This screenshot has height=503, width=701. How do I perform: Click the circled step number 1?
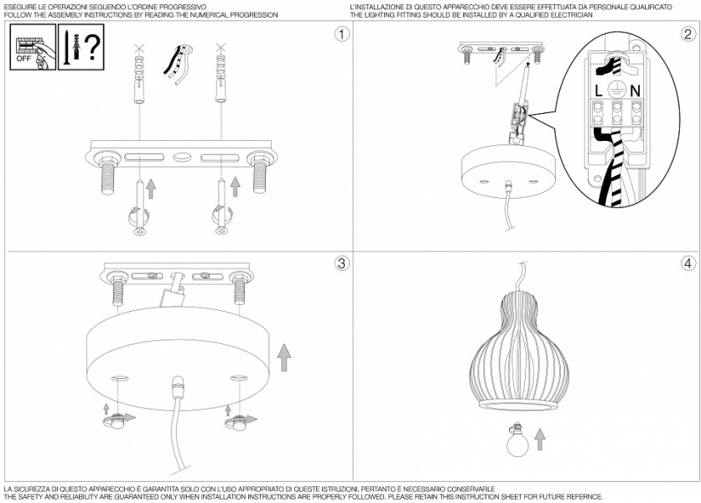pyautogui.click(x=342, y=34)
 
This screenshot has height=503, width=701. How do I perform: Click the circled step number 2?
pyautogui.click(x=688, y=34)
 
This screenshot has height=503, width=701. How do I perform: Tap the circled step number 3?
pyautogui.click(x=341, y=263)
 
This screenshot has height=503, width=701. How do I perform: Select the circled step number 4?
pyautogui.click(x=688, y=263)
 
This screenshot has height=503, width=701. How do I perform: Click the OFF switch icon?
pyautogui.click(x=33, y=47)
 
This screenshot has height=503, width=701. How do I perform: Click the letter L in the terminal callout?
pyautogui.click(x=599, y=91)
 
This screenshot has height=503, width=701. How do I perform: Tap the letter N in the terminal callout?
pyautogui.click(x=635, y=91)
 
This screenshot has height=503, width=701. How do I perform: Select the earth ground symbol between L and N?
pyautogui.click(x=616, y=90)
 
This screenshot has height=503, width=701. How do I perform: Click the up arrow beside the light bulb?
pyautogui.click(x=540, y=439)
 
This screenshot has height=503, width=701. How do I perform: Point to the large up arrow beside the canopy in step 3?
pyautogui.click(x=284, y=357)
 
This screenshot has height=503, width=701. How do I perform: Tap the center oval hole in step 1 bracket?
pyautogui.click(x=181, y=158)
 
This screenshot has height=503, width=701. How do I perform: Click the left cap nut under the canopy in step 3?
pyautogui.click(x=117, y=421)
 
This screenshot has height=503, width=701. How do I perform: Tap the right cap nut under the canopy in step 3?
pyautogui.click(x=239, y=421)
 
